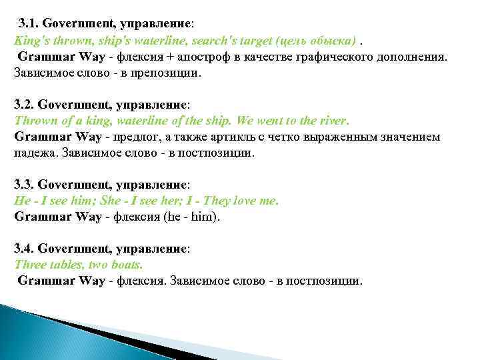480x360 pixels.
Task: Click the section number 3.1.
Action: coord(29,23)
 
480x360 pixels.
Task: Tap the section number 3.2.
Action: coord(24,105)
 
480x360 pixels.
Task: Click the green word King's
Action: coord(29,40)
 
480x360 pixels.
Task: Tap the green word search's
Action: coord(223,40)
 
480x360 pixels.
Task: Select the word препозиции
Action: coord(167,72)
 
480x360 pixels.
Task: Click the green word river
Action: coord(331,121)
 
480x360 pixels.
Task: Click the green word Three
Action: coord(30,264)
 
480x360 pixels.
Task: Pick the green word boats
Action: coord(127,264)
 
